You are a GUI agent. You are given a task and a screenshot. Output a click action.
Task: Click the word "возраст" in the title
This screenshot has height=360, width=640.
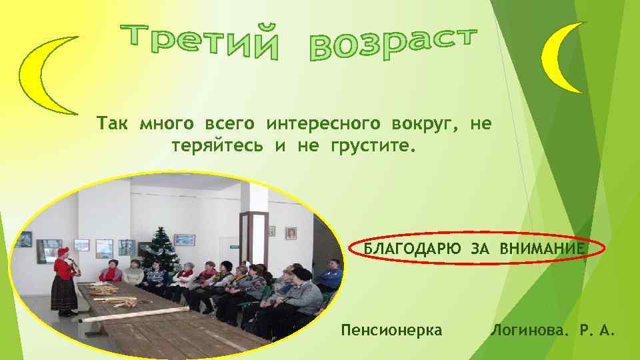tap(393, 45)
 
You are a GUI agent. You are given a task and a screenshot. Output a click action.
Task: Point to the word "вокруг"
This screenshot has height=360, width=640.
tap(437, 123)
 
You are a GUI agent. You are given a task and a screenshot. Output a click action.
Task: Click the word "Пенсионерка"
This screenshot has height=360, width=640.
tap(391, 329)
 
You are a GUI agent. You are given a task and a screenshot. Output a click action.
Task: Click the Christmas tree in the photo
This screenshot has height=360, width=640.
tap(160, 250)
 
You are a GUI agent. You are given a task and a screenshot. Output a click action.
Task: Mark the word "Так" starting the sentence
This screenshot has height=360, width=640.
tap(113, 123)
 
